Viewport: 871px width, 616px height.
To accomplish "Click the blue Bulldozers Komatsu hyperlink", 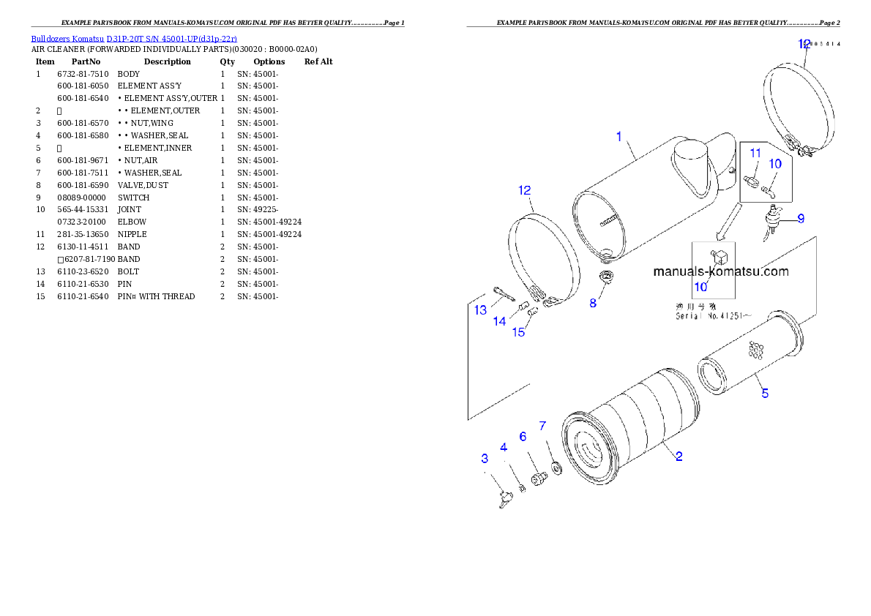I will point(134,38).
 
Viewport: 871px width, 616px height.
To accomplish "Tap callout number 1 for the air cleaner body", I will point(618,136).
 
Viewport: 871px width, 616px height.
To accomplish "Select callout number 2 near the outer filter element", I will point(679,457).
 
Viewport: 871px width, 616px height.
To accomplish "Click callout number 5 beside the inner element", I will point(765,393).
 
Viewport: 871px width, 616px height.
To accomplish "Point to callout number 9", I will point(801,218).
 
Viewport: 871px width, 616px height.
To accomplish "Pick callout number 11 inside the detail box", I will point(755,153).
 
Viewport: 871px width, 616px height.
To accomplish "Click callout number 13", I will point(480,310).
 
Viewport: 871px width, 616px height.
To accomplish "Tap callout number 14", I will point(499,320).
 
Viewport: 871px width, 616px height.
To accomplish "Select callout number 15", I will point(518,332).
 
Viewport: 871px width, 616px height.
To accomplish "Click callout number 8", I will point(593,302).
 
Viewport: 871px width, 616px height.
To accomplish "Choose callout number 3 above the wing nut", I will point(485,458).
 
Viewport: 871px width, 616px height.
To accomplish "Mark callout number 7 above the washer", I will point(542,425).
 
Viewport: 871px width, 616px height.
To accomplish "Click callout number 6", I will point(523,436).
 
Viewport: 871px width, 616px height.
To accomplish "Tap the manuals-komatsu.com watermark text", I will point(720,271).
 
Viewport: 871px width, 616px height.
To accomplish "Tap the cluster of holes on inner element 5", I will point(754,350).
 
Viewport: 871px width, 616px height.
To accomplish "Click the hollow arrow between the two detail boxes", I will point(726,223).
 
